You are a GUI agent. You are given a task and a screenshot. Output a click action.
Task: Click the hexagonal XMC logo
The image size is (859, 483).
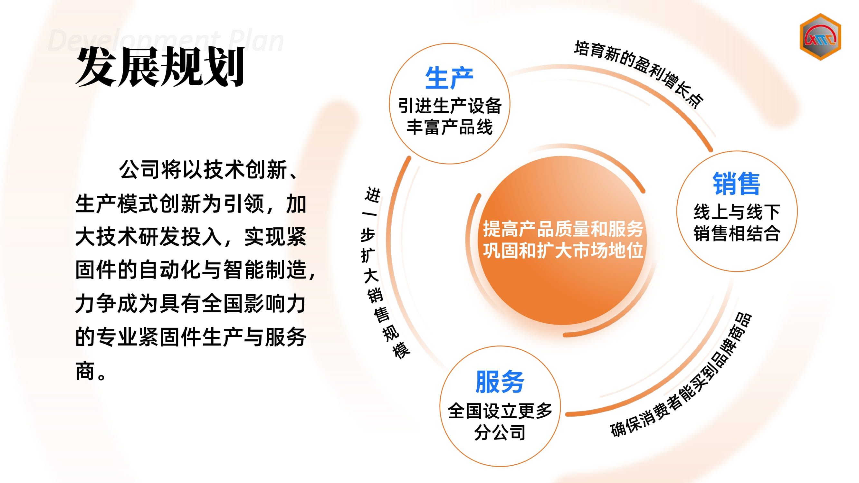(820, 37)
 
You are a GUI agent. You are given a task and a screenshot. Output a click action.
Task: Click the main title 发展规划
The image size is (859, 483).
(160, 67)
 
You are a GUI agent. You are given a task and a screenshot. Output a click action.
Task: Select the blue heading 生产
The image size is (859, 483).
(449, 78)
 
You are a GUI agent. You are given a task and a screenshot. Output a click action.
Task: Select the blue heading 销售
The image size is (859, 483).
(736, 184)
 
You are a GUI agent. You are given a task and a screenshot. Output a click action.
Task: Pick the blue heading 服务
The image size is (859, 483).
(500, 382)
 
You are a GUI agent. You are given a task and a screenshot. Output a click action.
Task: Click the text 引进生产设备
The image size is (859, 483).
(450, 106)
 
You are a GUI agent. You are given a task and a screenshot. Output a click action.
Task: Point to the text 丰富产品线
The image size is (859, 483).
(449, 127)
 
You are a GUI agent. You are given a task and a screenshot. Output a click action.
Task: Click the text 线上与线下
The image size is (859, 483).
(737, 212)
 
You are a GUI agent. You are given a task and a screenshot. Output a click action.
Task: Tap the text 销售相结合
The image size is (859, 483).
(737, 233)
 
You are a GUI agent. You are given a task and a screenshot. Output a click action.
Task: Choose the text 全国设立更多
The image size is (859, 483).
(500, 411)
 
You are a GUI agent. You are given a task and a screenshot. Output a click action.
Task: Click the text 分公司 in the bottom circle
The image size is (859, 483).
(500, 432)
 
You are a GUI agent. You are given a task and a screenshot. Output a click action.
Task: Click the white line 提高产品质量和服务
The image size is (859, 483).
(563, 229)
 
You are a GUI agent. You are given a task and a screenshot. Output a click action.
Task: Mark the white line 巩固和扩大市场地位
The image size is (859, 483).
(563, 250)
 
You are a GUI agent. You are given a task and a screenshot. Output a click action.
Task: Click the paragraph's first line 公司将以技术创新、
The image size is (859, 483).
(208, 170)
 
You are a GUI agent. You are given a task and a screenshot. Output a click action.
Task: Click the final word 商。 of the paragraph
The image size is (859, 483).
(91, 371)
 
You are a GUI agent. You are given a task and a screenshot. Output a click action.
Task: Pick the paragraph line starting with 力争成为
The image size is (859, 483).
(190, 304)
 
